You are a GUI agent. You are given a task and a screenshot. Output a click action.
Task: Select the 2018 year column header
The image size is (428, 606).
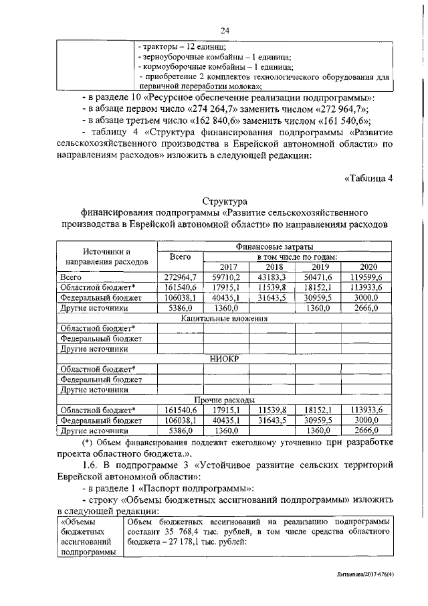coord(272,267)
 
